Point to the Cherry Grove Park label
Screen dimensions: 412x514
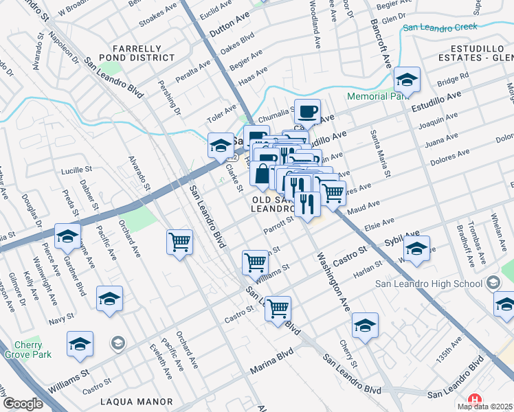point(27,350)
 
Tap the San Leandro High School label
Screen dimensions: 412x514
point(431,284)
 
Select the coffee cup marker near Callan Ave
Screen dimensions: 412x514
point(308,111)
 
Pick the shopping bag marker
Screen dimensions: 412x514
point(262,175)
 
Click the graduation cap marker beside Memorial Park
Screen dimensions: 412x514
point(407,81)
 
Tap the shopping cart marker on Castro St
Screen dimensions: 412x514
point(278,308)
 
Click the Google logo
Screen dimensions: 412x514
point(23,404)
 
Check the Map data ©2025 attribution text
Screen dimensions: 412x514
point(485,407)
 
